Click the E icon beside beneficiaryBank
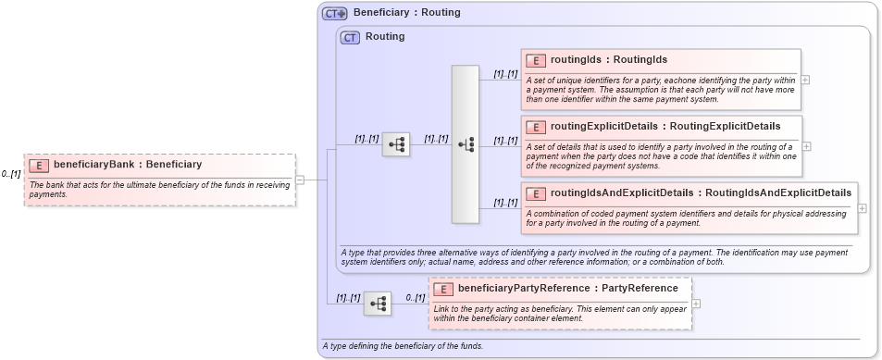coord(39,165)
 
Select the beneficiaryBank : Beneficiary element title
coord(127,165)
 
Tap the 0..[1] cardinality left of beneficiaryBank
coord(11,174)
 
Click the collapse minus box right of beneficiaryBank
coord(300,180)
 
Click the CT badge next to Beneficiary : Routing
coord(334,13)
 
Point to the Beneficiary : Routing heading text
coord(406,13)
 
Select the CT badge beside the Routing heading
coord(350,38)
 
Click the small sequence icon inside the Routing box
coord(396,143)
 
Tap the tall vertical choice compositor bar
coord(465,143)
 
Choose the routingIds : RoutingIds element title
coord(608,60)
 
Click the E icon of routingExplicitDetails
coord(535,127)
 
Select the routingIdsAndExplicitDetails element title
coord(701,193)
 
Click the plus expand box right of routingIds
coord(805,80)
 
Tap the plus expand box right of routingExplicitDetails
coord(806,146)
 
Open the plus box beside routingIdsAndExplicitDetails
coord(862,208)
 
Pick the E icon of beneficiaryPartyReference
coord(442,289)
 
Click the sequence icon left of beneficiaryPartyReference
coord(377,304)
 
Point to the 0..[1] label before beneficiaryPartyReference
coord(415,298)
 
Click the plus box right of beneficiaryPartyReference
coord(696,304)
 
